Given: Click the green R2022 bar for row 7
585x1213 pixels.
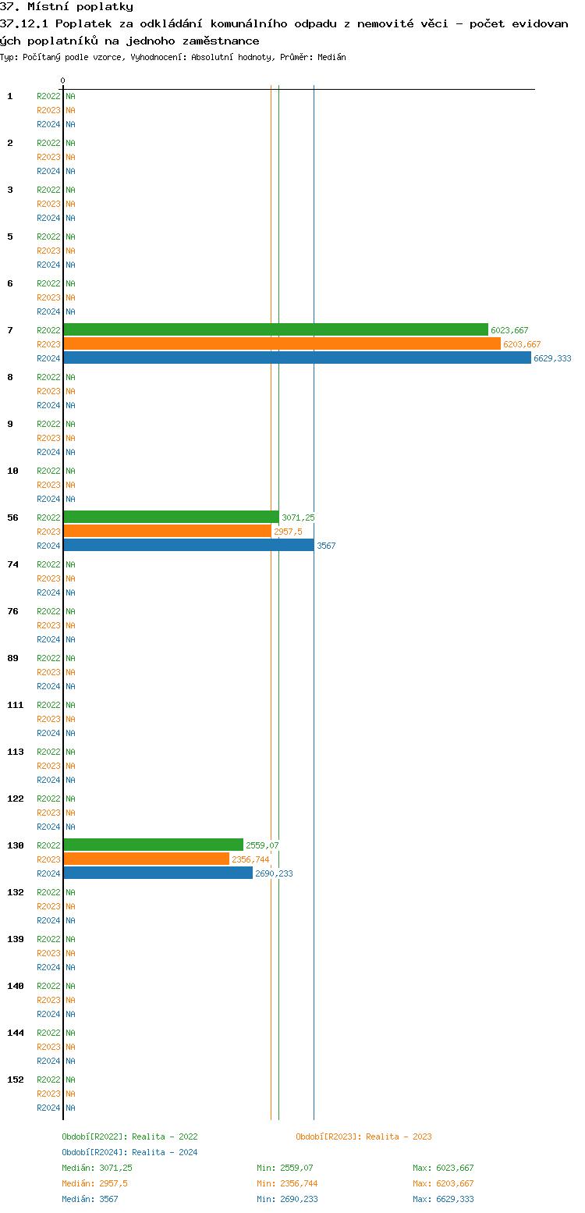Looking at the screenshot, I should click(275, 330).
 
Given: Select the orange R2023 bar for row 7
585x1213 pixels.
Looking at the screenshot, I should click(282, 344).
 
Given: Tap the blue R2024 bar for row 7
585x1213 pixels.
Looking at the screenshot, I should click(296, 358).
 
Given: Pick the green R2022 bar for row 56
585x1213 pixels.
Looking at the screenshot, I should click(171, 518).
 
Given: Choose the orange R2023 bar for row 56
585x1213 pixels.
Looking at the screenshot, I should click(167, 532).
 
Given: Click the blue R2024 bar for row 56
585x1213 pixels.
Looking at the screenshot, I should click(188, 546).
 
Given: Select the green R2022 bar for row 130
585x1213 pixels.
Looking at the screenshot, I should click(153, 845).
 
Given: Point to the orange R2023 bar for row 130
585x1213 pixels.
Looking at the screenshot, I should click(146, 859).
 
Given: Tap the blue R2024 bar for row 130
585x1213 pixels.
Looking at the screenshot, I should click(158, 873).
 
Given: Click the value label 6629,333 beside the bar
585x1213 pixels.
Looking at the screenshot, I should click(552, 358).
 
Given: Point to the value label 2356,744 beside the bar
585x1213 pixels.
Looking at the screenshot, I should click(250, 859).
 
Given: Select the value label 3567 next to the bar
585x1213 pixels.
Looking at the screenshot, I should click(326, 546).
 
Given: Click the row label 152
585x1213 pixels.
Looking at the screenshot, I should click(16, 1080).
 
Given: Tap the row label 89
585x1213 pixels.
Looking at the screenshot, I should click(13, 658).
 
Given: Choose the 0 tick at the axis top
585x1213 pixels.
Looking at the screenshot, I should click(63, 80).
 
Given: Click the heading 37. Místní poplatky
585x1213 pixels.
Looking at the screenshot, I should click(66, 7).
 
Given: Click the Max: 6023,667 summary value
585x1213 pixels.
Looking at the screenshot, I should click(443, 1168).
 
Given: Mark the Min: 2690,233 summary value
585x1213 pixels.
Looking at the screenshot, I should click(287, 1199).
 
